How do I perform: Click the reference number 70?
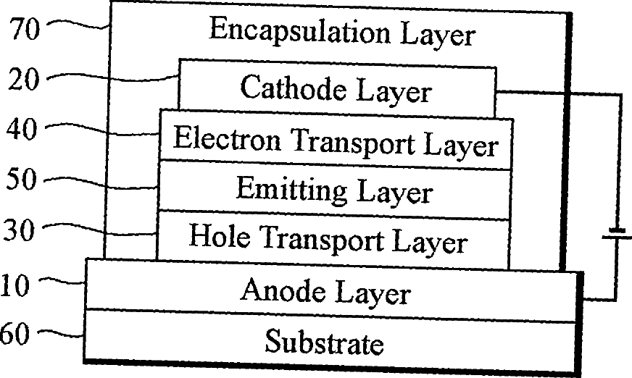click(x=26, y=30)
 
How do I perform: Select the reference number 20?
click(x=26, y=80)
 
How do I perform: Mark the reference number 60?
click(x=14, y=335)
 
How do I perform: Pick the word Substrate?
click(x=324, y=342)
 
